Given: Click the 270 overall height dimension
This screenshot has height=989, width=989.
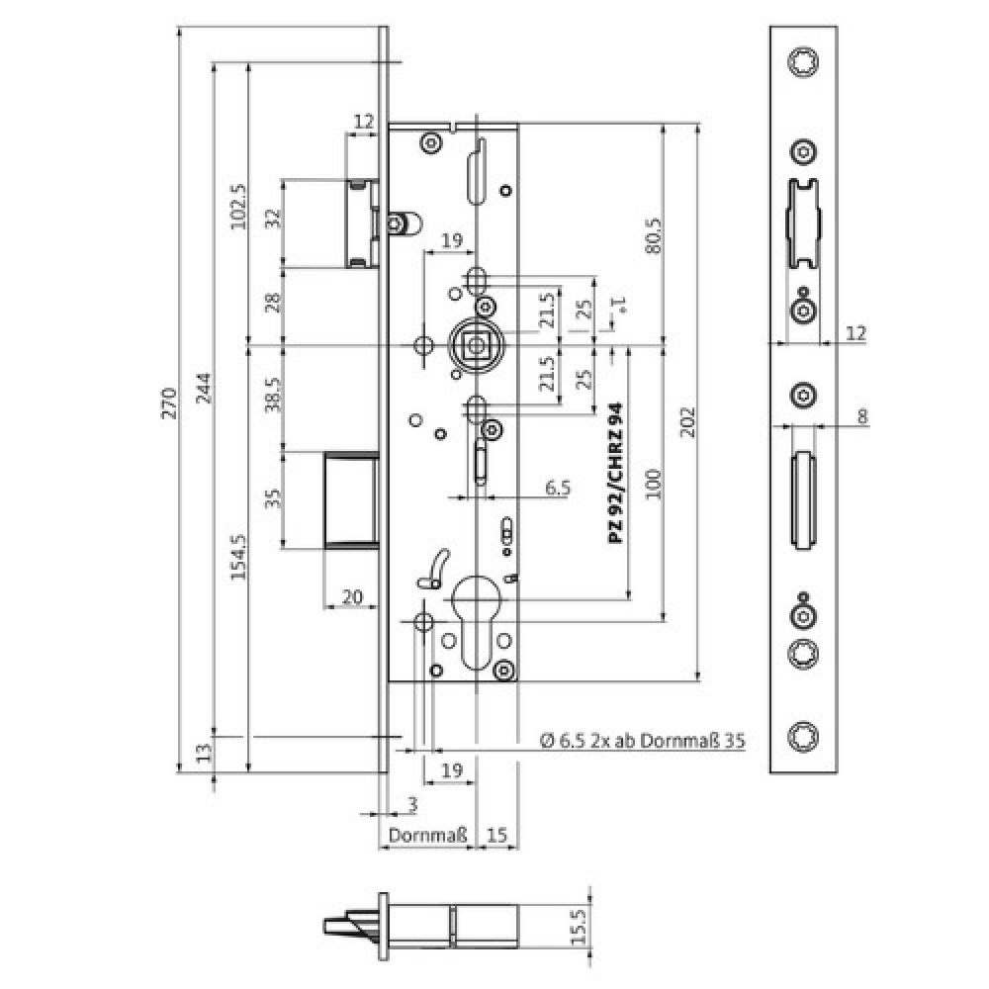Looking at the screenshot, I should (169, 405).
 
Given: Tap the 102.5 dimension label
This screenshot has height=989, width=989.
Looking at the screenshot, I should (238, 207).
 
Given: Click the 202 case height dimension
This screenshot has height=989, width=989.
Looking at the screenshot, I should (689, 421).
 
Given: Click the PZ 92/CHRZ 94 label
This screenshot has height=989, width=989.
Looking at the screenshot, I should (614, 474).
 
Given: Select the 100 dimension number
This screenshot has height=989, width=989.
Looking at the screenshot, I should (653, 483).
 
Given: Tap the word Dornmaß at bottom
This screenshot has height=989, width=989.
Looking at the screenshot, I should (427, 837).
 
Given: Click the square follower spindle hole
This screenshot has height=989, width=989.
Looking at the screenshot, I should (477, 345).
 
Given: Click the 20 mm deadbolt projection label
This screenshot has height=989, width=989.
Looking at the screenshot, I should (351, 596).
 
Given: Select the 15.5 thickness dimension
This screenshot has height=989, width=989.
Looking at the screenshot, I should (581, 929).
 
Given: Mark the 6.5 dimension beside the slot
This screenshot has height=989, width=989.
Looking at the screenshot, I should (558, 488).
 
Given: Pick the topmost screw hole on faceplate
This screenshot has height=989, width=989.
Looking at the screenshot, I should (803, 62).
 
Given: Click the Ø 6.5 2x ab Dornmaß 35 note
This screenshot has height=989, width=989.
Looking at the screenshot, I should (642, 741).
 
